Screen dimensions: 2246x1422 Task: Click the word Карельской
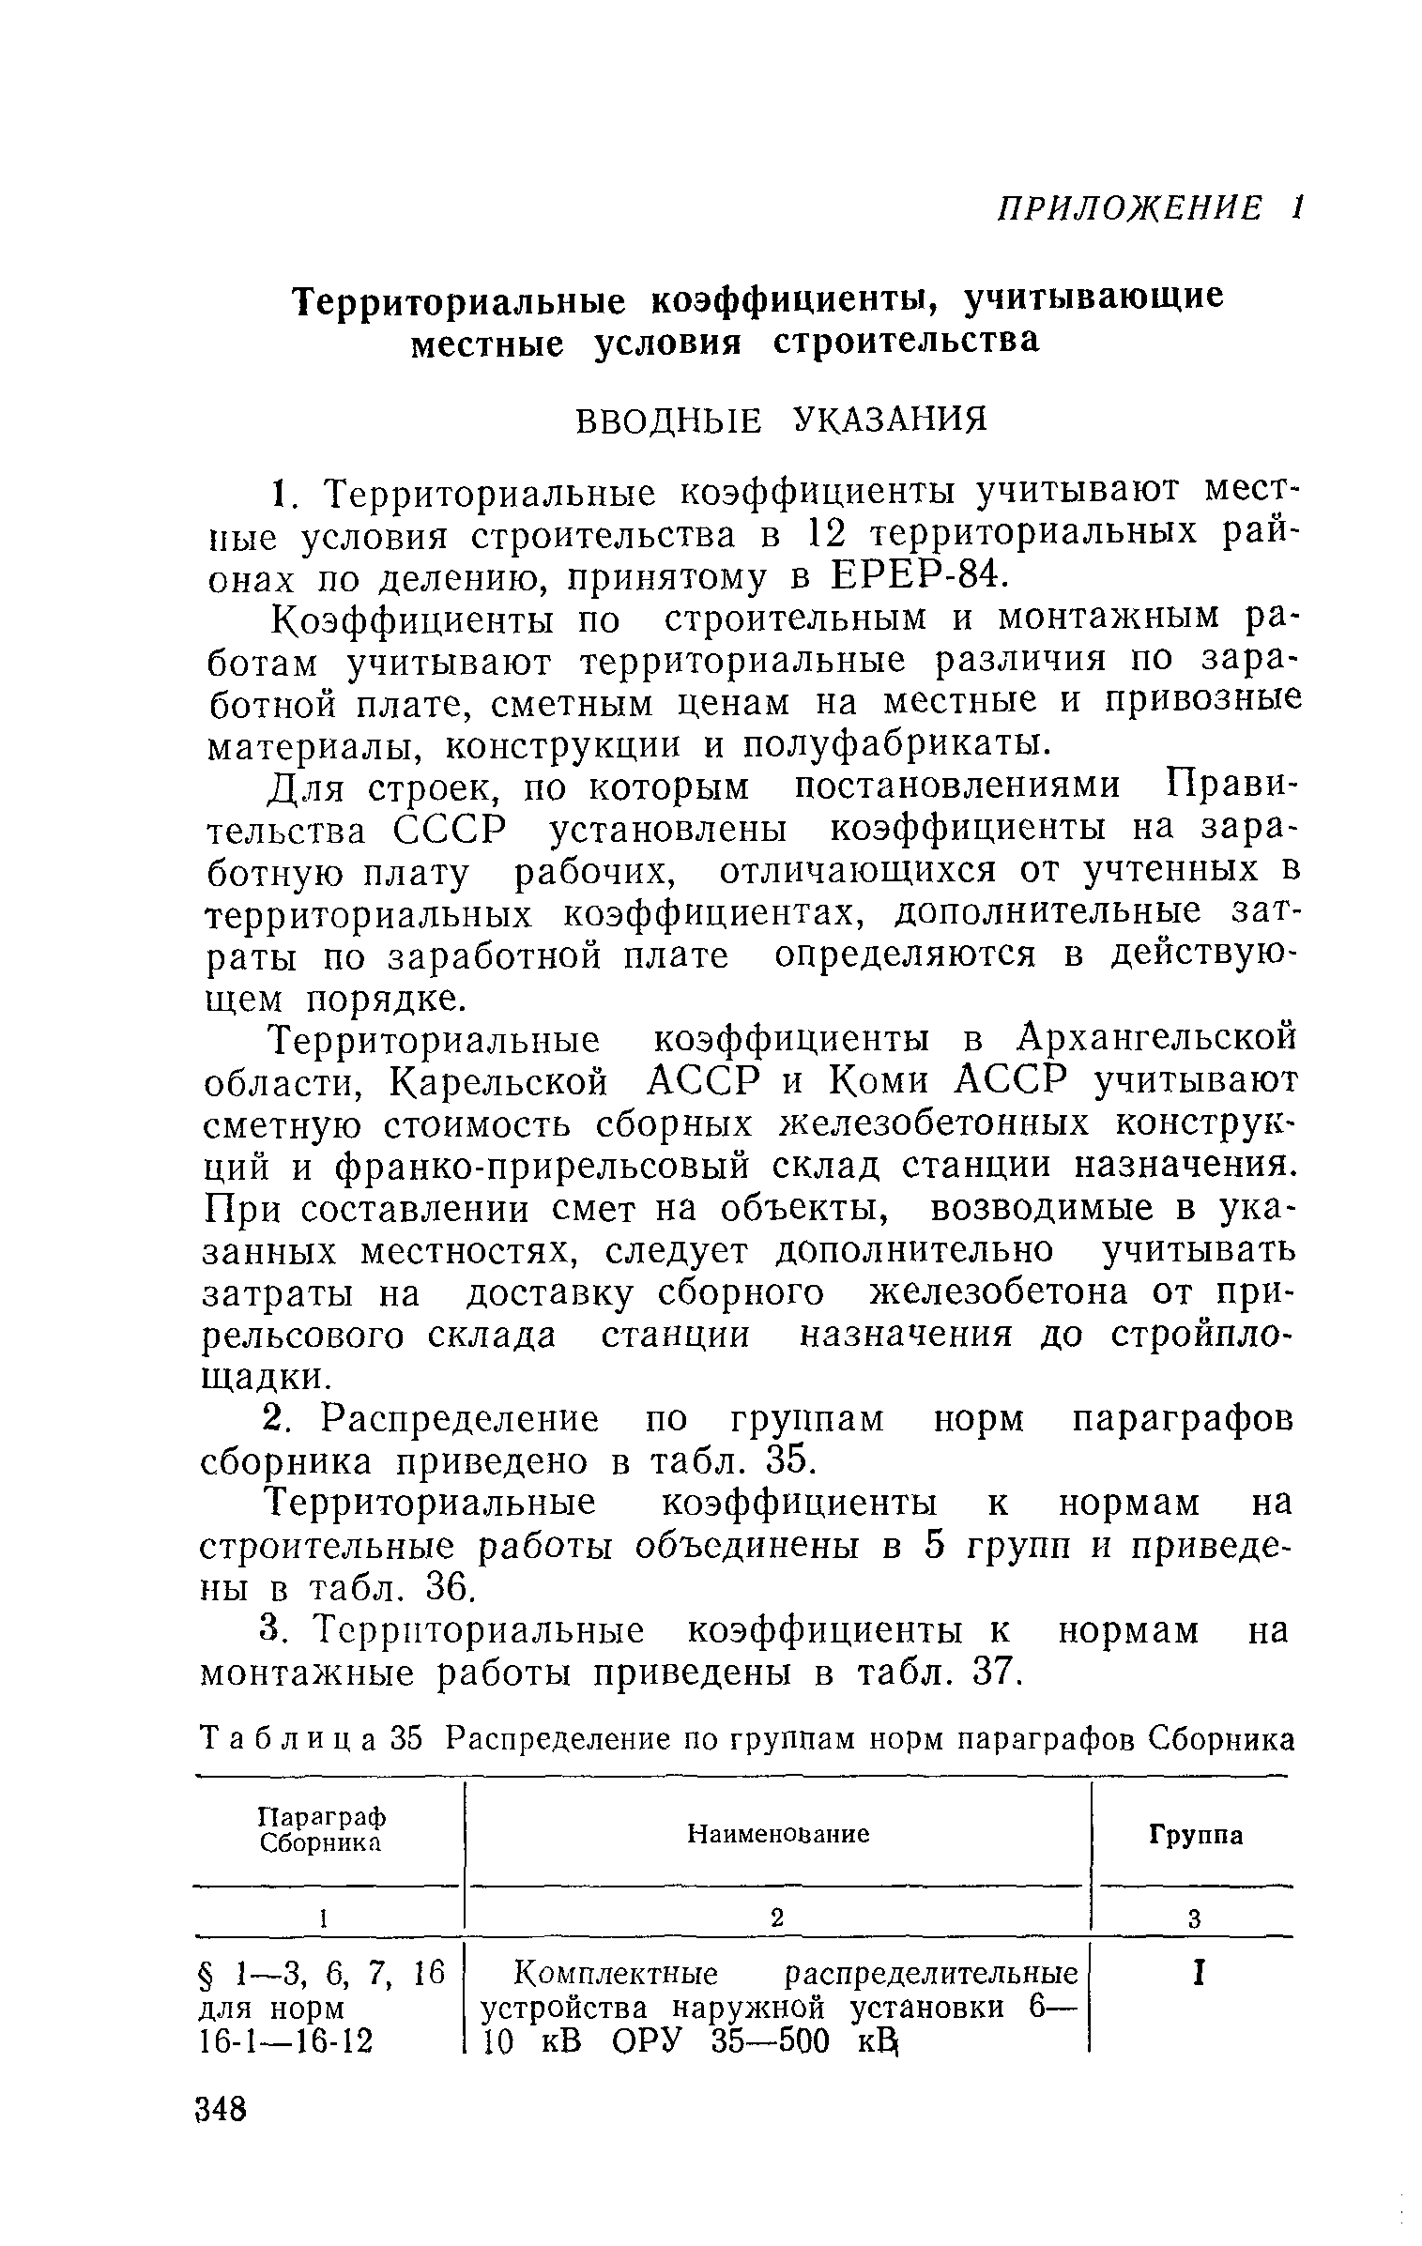click(x=497, y=1082)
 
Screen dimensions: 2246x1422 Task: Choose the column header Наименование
click(x=778, y=1833)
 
